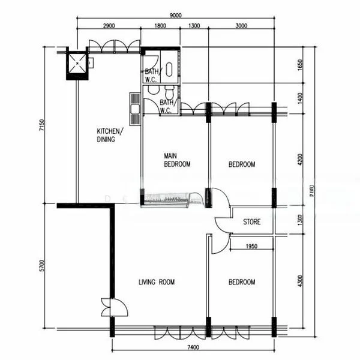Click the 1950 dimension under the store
click(x=251, y=246)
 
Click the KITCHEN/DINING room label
click(x=110, y=136)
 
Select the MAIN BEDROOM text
click(x=177, y=160)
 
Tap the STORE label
click(x=252, y=222)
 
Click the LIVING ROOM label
click(x=157, y=282)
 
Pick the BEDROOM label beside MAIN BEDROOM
click(x=242, y=164)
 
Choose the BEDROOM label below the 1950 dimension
click(x=242, y=282)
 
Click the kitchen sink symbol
click(x=134, y=109)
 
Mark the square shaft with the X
click(x=76, y=64)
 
